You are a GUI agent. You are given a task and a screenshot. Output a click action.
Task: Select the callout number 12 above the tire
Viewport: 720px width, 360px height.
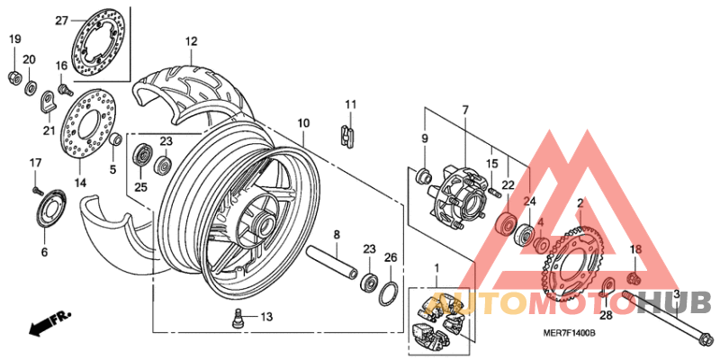[x=191, y=41]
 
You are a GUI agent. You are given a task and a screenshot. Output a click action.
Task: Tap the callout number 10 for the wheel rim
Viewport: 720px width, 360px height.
[x=303, y=122]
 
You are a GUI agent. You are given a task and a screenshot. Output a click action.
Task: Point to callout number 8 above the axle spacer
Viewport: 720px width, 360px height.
[x=336, y=235]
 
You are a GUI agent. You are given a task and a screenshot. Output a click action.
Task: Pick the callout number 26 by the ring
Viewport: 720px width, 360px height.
[x=390, y=258]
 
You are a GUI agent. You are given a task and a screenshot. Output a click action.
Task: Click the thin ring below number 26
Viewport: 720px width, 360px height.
[x=390, y=292]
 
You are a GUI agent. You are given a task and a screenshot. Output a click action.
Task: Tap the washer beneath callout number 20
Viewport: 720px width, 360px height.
[x=31, y=87]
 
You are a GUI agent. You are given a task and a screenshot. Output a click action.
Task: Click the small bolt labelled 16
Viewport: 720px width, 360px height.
[x=65, y=88]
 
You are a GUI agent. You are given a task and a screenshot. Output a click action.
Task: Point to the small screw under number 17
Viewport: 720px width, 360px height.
[x=36, y=190]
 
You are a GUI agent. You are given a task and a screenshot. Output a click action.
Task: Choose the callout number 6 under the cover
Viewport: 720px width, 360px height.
[x=43, y=253]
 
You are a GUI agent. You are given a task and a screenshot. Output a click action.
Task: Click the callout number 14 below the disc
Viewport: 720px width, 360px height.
[x=80, y=182]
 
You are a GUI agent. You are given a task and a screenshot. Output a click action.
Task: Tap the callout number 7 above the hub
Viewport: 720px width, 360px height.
[x=465, y=110]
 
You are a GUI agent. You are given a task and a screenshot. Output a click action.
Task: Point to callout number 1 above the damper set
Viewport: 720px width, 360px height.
[x=436, y=267]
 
